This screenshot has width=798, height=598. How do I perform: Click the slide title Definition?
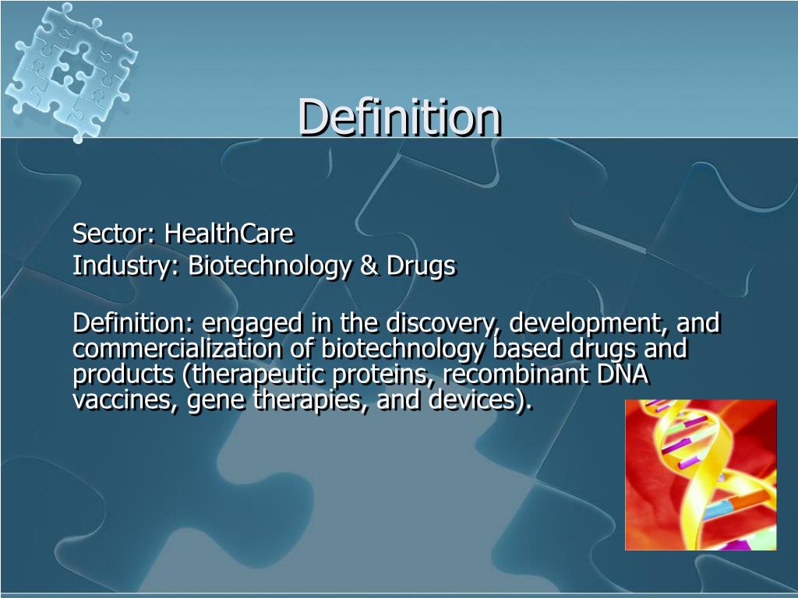pos(399,117)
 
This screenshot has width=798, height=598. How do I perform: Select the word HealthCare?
pos(228,233)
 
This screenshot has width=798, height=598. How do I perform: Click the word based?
pos(524,349)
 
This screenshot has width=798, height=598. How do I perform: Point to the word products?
pos(124,376)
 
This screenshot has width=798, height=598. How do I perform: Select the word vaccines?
pos(125,401)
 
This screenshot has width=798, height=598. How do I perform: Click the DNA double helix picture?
pos(701,474)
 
